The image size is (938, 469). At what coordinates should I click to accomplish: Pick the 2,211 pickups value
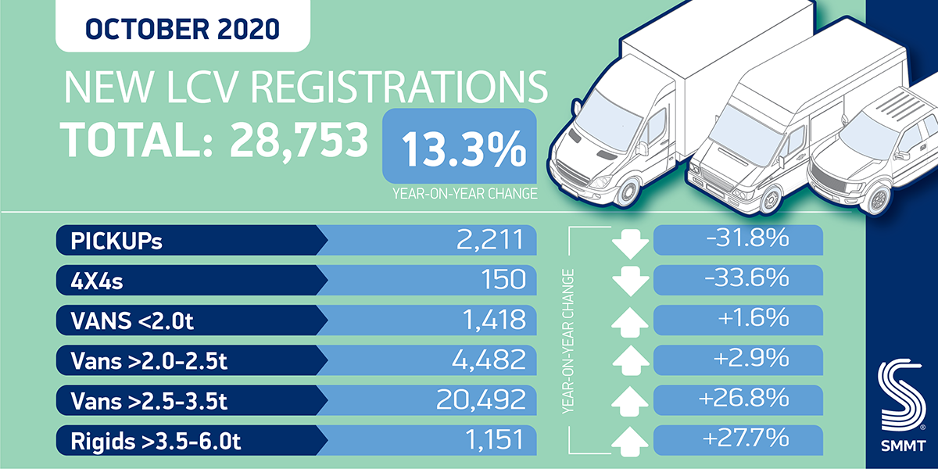pos(489,240)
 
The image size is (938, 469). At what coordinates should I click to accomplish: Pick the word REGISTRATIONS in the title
pos(403,89)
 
